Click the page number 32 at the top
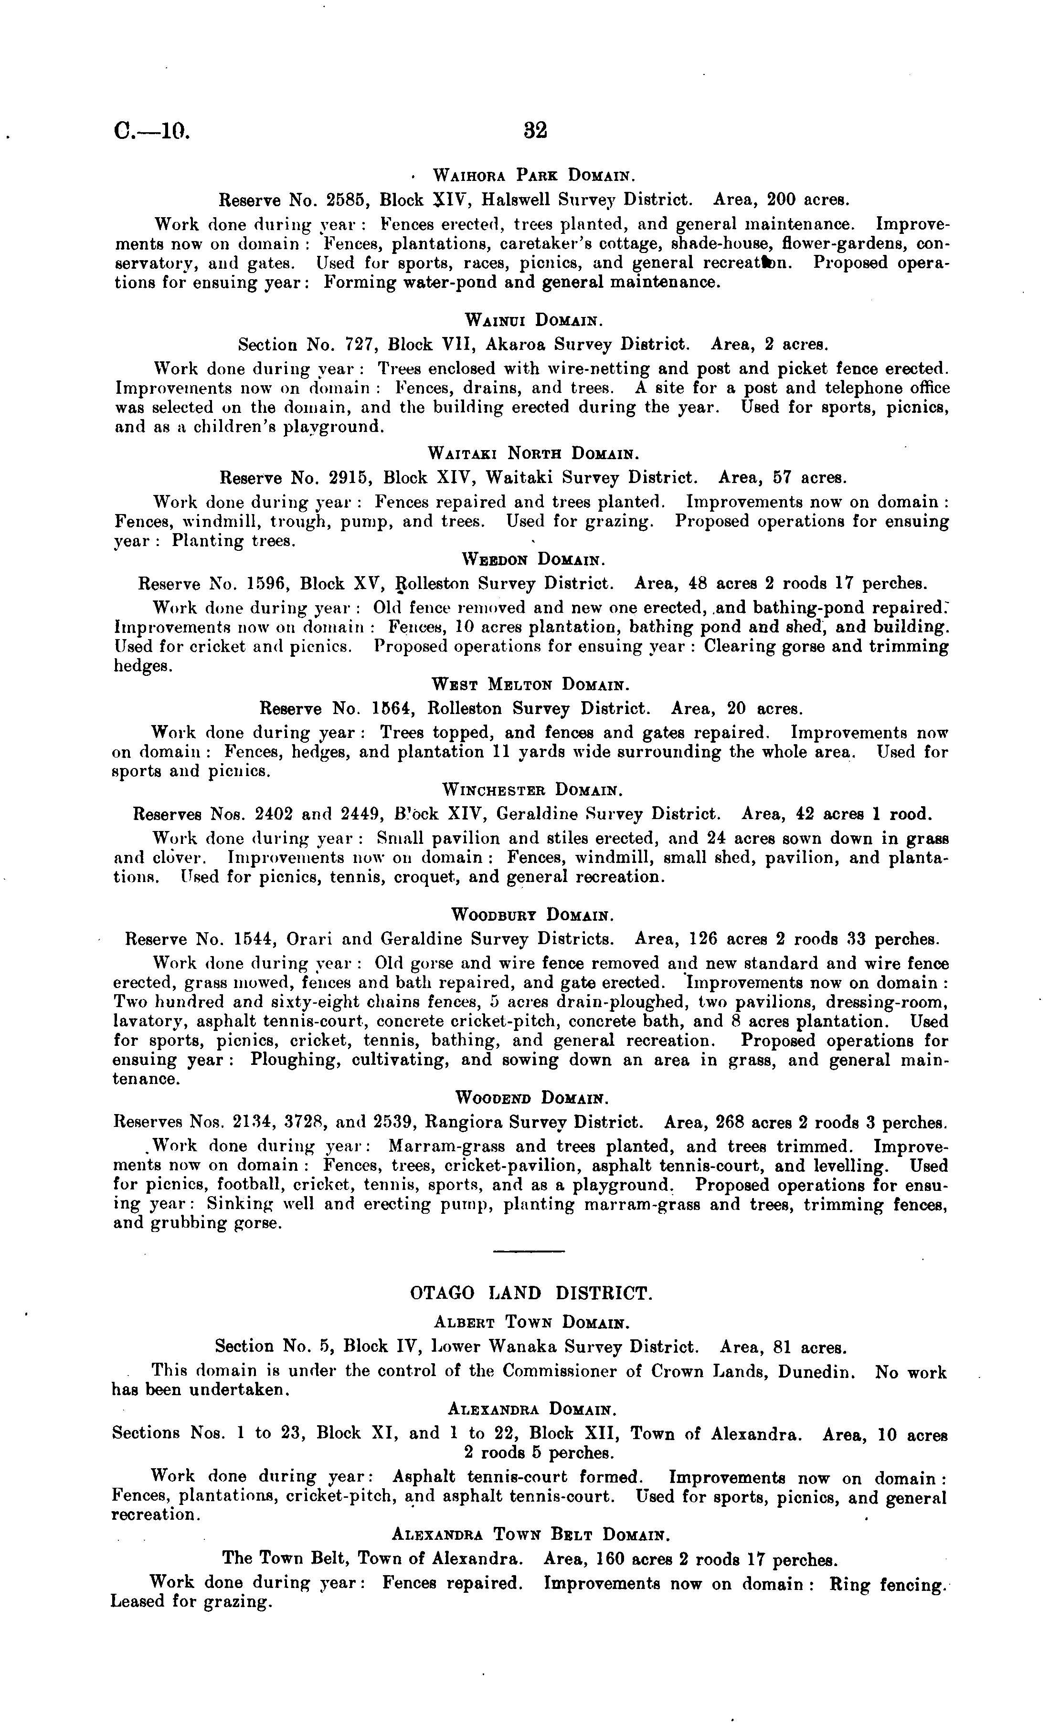[534, 131]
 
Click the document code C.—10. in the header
[152, 132]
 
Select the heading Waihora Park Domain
[534, 174]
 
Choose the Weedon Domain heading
[534, 560]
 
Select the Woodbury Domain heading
[533, 915]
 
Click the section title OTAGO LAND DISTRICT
[531, 1293]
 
